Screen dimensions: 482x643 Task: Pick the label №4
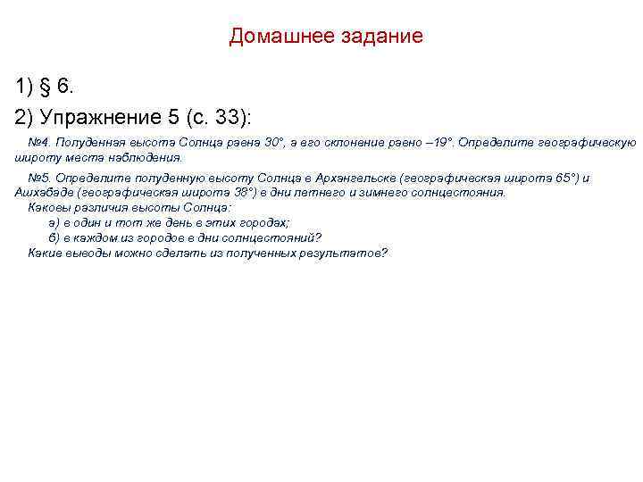coord(38,143)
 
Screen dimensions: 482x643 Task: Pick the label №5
coord(38,178)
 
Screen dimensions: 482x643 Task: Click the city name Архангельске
coord(361,178)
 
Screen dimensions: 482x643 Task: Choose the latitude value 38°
coord(244,192)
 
